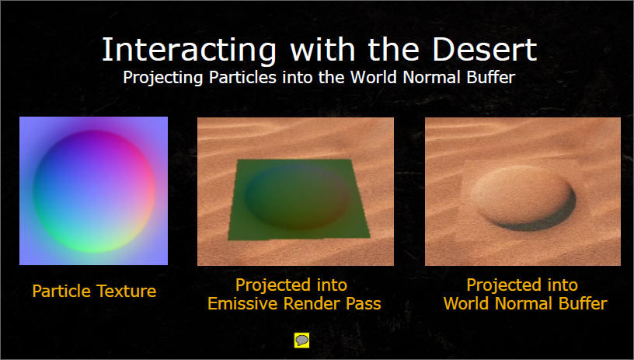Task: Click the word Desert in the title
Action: pyautogui.click(x=484, y=49)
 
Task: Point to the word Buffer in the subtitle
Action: pyautogui.click(x=491, y=77)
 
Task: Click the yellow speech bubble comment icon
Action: pyautogui.click(x=301, y=341)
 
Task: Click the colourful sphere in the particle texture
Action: pyautogui.click(x=94, y=191)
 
